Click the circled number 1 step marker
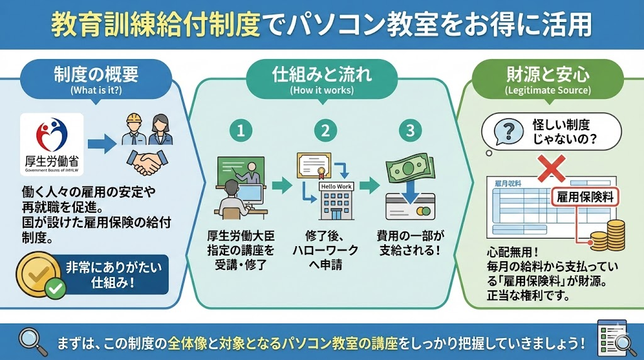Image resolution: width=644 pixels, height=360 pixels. click(x=241, y=131)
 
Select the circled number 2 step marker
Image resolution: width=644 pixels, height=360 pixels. click(x=326, y=131)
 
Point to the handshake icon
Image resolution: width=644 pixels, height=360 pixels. click(x=147, y=162)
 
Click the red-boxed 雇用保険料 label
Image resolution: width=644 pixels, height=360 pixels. click(x=585, y=198)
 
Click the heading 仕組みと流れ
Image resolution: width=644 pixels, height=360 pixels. click(x=321, y=74)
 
